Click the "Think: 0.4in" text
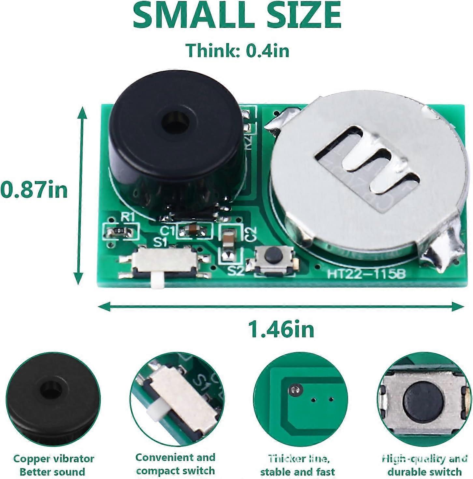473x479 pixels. [237, 50]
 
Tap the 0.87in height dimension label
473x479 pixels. [34, 190]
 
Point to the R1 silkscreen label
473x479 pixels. [127, 217]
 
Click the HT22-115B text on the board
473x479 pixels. [366, 274]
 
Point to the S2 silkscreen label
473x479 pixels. [236, 271]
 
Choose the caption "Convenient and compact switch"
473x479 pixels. [175, 464]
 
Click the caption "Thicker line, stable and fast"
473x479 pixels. [297, 465]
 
